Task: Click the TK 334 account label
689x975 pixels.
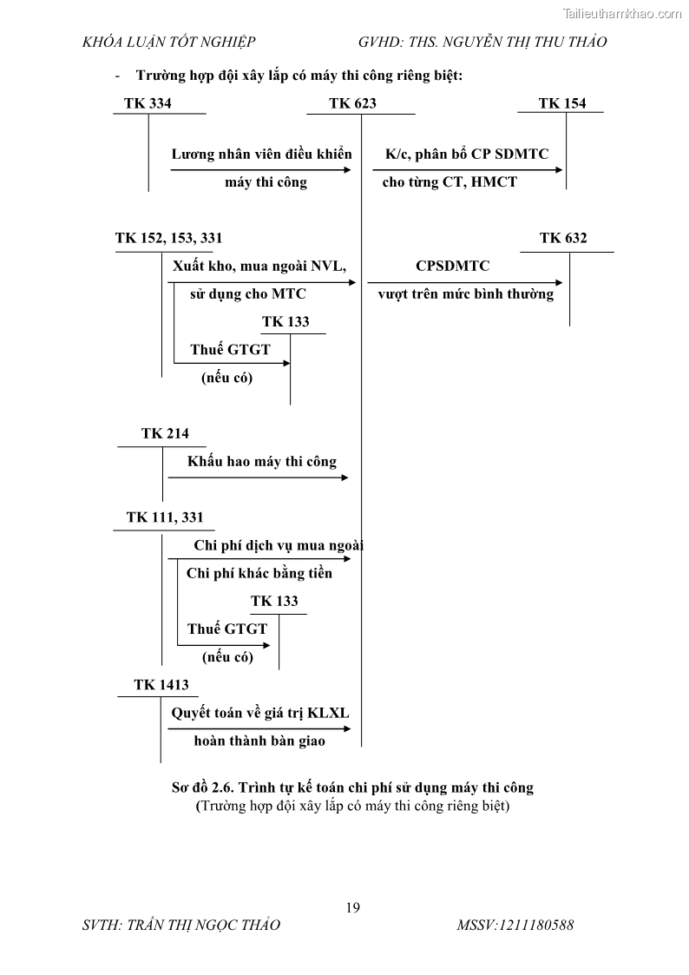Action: coord(148,103)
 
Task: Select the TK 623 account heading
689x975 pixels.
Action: coord(352,103)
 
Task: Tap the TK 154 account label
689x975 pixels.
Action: coord(561,103)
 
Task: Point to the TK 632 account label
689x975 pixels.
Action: coord(562,238)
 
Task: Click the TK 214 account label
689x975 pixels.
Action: coord(165,433)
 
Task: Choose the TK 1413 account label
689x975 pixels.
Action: coord(161,685)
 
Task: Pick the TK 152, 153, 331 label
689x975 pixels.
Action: coord(162,238)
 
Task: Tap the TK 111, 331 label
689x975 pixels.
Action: coord(165,517)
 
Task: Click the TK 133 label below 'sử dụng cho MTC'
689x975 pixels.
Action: coord(285,322)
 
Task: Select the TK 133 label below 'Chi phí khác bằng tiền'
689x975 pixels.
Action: coord(274,601)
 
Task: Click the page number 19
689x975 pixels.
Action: coord(352,908)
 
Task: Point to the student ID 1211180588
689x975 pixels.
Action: coord(515,926)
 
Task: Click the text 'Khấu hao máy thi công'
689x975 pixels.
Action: coord(262,461)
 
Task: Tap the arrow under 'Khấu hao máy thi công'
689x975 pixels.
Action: coord(259,478)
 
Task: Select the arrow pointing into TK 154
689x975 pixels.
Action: coord(467,170)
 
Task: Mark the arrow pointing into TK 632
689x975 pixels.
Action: coord(465,282)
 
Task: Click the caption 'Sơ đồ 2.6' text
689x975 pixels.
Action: coord(352,787)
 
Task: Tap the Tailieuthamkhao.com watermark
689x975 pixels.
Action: coord(623,13)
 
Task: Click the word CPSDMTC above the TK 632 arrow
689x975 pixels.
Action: coord(452,266)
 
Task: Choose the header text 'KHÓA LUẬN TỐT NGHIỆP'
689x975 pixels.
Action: coord(168,42)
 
